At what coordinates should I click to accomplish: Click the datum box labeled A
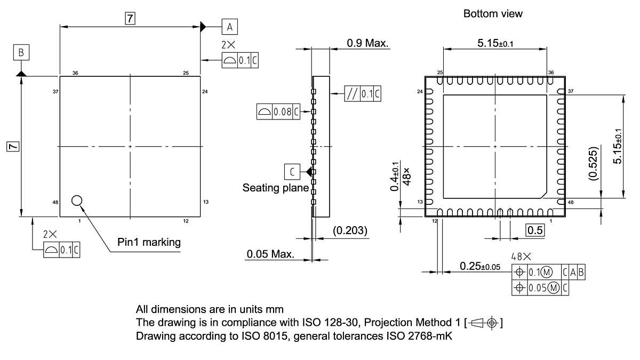click(229, 26)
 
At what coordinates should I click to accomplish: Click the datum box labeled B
click(21, 52)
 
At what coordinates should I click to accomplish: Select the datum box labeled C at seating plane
click(292, 172)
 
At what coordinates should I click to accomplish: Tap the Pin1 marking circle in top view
click(77, 200)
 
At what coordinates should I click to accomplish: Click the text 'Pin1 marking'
click(149, 242)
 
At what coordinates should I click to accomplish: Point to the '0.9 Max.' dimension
click(367, 42)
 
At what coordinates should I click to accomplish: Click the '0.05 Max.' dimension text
click(270, 254)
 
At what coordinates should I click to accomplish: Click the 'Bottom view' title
click(493, 14)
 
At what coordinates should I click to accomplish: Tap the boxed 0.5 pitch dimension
click(535, 230)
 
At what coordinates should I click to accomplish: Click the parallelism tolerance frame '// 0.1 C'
click(363, 94)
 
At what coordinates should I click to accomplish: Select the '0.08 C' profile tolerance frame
click(278, 112)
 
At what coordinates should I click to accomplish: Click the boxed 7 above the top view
click(130, 18)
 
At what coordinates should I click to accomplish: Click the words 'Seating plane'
click(275, 188)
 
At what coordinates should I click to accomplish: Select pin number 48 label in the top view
click(55, 202)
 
